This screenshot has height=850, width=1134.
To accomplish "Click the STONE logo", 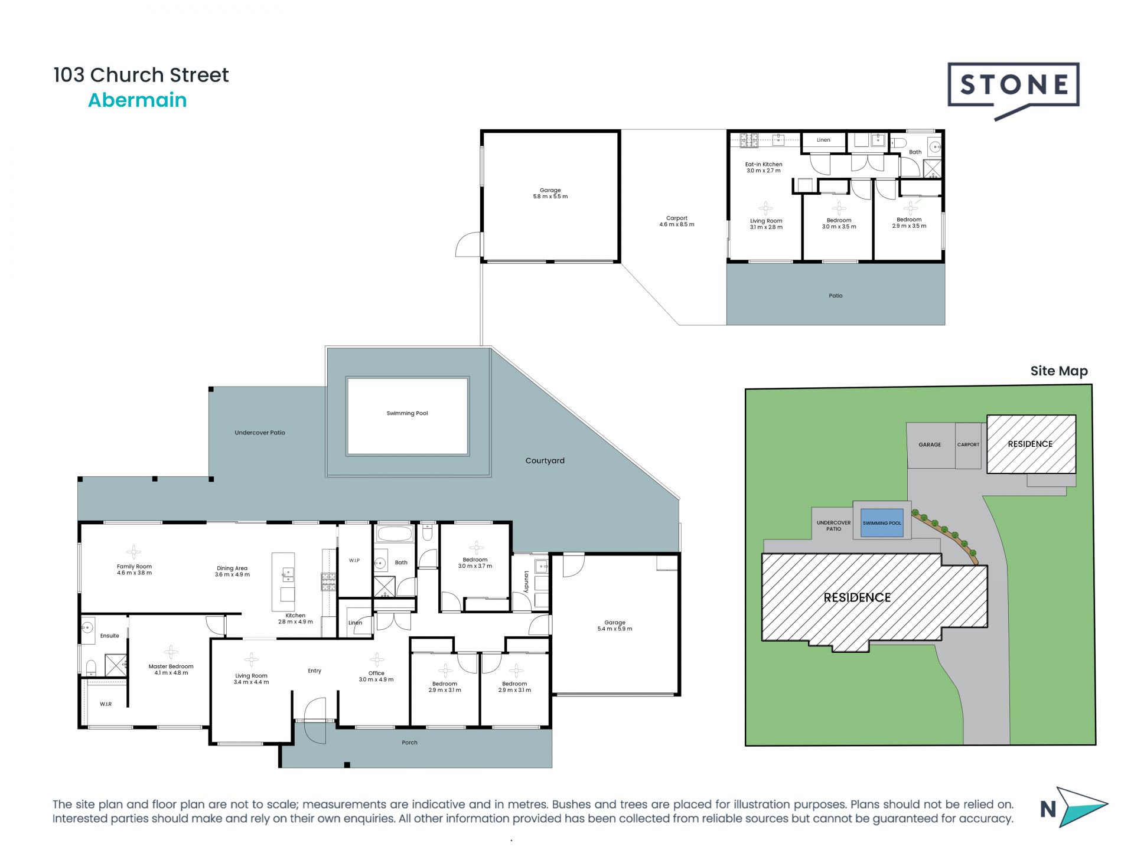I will [1014, 86].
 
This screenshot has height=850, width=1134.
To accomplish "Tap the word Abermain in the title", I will [137, 100].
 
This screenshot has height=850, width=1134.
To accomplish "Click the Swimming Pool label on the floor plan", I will [407, 413].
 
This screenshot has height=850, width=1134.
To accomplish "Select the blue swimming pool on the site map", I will [882, 523].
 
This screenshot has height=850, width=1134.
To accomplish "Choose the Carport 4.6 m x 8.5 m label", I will [677, 221].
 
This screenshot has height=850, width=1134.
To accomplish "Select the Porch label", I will [409, 743].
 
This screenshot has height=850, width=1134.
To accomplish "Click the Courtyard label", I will [545, 460].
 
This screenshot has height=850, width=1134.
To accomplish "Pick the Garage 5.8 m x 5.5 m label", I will [550, 193].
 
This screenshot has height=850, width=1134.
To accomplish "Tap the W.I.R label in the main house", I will [106, 704].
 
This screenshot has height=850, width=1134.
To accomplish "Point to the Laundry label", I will [526, 581].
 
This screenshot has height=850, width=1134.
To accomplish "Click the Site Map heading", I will [1058, 371].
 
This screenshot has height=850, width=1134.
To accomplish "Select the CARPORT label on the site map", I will [968, 444].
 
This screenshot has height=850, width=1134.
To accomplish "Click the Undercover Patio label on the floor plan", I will [260, 433].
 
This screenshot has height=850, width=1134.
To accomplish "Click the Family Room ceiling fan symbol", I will [134, 552].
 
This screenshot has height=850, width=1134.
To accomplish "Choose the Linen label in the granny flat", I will [823, 140].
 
